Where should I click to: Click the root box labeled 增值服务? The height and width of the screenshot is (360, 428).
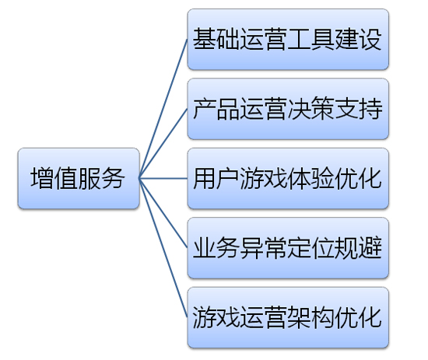pos(79,179)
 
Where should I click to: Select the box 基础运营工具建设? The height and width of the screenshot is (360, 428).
pos(288,40)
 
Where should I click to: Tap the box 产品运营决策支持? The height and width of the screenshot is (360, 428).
pos(288,109)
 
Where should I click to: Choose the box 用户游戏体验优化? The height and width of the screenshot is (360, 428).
pos(288,179)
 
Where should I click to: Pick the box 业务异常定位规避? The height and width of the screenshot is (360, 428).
pos(288,248)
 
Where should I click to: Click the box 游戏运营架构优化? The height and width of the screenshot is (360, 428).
pos(288,318)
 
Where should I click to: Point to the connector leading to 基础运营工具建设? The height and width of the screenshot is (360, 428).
pos(163,109)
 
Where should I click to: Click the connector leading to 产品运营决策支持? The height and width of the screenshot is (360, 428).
pos(163,144)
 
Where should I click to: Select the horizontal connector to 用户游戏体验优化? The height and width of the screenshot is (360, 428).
pos(163,179)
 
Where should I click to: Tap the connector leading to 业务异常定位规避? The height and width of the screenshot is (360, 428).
pos(163,213)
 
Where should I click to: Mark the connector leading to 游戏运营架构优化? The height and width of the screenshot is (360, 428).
pos(163,248)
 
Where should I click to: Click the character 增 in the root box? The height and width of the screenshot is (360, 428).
pos(42,178)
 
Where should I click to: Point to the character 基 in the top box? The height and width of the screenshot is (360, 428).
pos(205,39)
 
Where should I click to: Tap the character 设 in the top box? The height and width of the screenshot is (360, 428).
pos(370,39)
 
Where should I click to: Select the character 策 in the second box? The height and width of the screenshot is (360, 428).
pos(323,109)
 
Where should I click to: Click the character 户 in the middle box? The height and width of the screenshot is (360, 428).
pos(228,178)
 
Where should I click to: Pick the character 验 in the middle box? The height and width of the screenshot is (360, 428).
pos(323,178)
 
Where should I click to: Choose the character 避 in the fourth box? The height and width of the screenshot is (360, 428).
pos(370,248)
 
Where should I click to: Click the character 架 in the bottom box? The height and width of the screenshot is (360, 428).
pos(299,318)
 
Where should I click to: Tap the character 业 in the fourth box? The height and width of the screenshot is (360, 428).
pos(205,248)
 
